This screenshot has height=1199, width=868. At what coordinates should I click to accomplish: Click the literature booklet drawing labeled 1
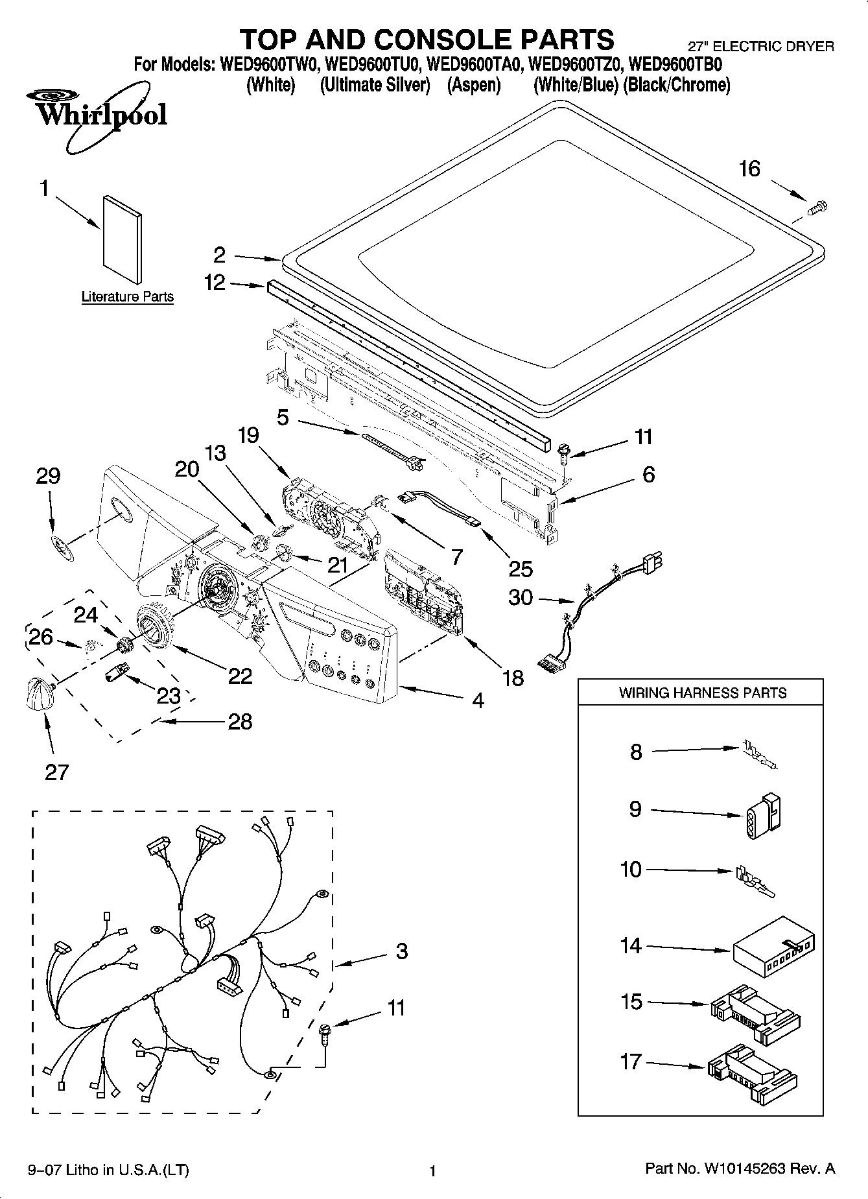(x=122, y=239)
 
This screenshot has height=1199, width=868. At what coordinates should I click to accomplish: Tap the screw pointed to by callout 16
(x=819, y=208)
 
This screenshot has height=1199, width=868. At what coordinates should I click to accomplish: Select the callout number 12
(x=215, y=283)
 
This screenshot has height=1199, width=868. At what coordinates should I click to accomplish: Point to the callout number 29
(x=48, y=476)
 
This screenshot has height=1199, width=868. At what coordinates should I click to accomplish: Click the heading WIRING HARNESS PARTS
(x=702, y=693)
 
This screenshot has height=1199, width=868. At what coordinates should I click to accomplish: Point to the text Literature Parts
(x=128, y=297)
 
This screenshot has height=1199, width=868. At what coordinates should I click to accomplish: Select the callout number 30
(x=521, y=597)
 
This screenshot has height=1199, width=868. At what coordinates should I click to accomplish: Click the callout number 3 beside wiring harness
(x=401, y=951)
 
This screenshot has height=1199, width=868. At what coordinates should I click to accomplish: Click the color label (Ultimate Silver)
(x=375, y=85)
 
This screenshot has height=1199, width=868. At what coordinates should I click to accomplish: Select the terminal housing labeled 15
(x=754, y=1015)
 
